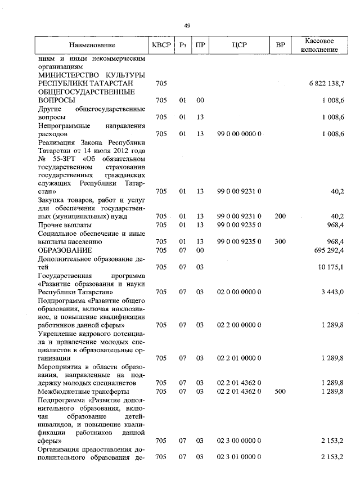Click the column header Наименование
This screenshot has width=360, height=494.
[92, 45]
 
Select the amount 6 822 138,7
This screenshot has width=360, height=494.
[326, 83]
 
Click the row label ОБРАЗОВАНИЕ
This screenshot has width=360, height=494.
[64, 250]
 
